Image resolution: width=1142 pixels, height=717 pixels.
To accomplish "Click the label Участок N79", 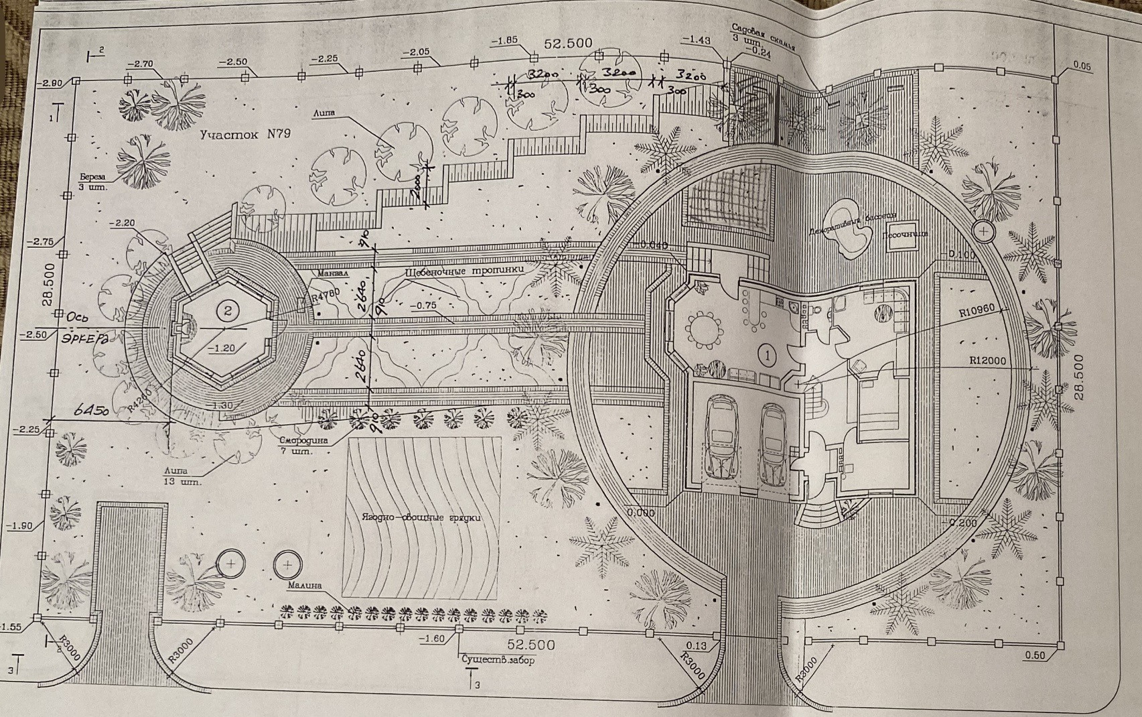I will [245, 134].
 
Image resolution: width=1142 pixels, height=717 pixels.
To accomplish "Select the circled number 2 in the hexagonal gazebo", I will [228, 310].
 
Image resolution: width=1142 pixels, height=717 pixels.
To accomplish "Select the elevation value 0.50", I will [1035, 655].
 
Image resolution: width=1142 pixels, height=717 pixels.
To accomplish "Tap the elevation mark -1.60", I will [432, 639].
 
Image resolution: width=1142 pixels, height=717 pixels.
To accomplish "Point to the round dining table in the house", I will [705, 330].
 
